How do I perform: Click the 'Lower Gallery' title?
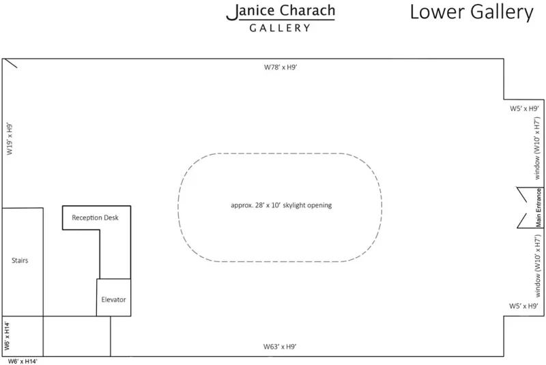click(x=471, y=12)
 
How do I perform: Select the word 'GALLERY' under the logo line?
click(x=280, y=29)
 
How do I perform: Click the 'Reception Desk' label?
click(x=96, y=218)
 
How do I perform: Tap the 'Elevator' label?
click(x=113, y=300)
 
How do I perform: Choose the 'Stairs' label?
click(x=20, y=261)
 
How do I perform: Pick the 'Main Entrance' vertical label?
click(x=538, y=207)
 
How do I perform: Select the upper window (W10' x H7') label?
click(x=537, y=147)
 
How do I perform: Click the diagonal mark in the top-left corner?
click(x=11, y=63)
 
